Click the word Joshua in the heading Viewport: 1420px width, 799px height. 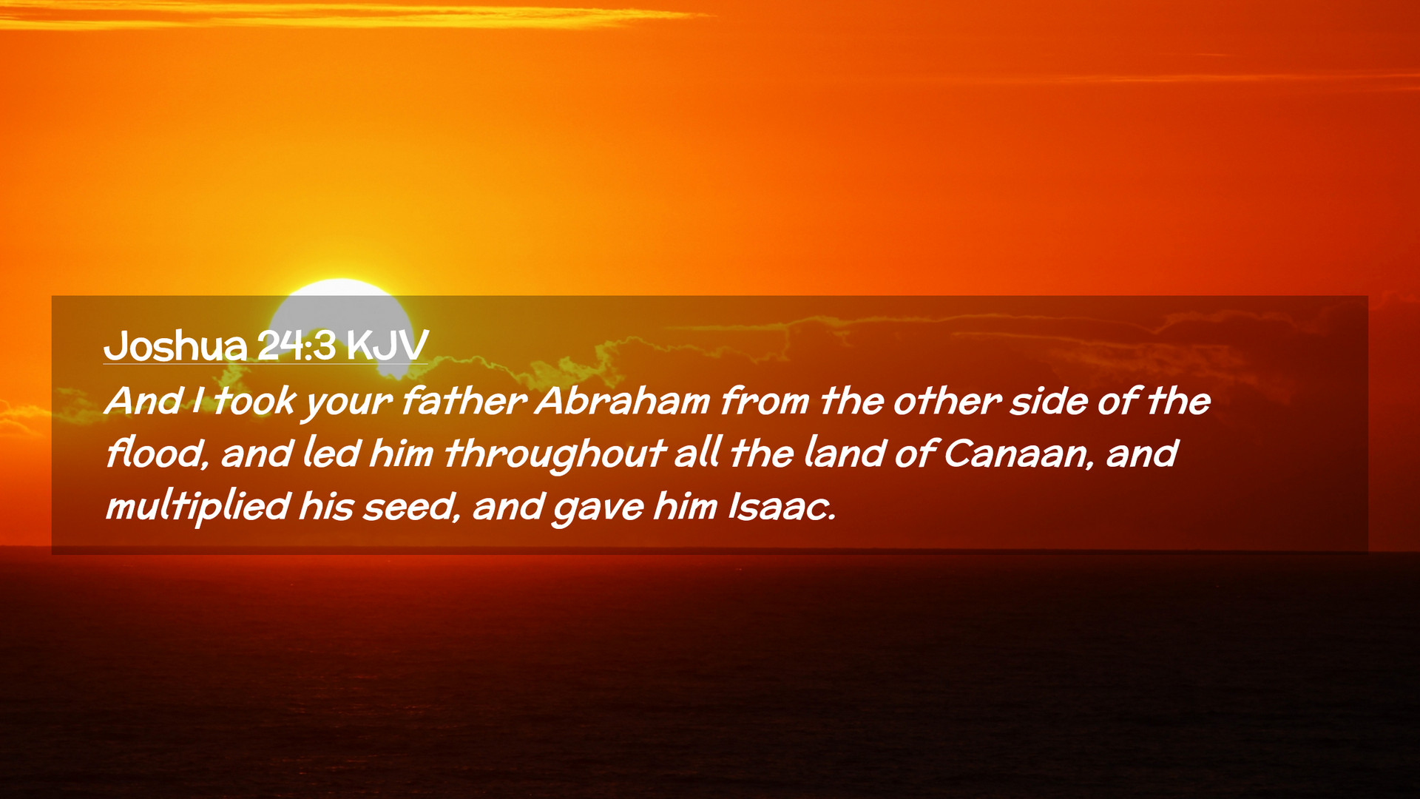click(175, 345)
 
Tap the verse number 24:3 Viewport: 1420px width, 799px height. click(296, 345)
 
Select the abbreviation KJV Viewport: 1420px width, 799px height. click(387, 345)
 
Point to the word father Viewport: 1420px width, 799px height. click(464, 402)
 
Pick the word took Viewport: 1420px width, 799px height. click(254, 402)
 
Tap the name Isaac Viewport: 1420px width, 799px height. click(782, 507)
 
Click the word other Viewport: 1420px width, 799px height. click(947, 402)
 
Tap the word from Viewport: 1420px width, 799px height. click(765, 402)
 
